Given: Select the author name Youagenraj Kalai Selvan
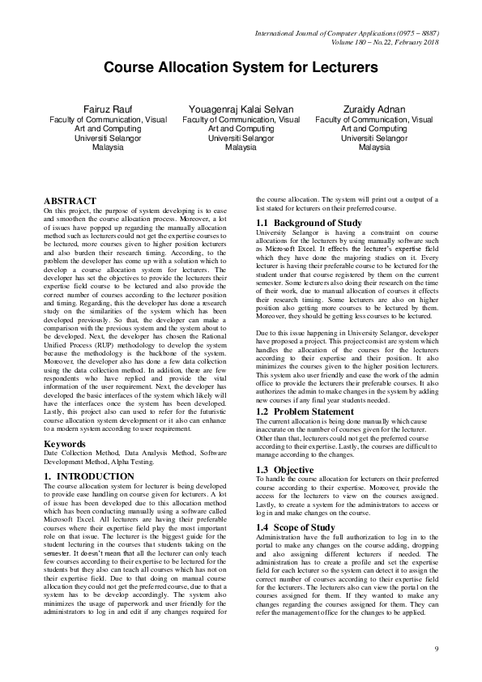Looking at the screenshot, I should point(241,109).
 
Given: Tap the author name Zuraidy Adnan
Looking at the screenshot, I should point(373,109).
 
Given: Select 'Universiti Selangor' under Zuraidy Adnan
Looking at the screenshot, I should point(373,139).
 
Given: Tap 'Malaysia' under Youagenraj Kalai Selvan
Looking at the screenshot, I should point(241,148).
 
